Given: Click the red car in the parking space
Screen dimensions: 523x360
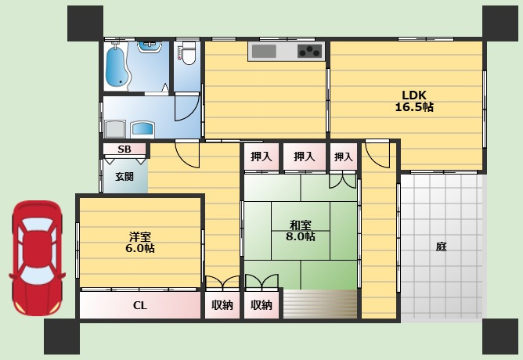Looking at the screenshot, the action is point(37,258).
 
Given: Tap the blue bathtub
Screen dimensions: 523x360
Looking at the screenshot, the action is point(117,66).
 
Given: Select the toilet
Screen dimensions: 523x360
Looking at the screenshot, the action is point(189,53).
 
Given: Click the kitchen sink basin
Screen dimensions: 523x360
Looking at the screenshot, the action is point(264,52).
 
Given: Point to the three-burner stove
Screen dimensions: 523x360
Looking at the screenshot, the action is point(310,52).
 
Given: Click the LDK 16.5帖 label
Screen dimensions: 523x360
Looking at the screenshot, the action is point(414,101).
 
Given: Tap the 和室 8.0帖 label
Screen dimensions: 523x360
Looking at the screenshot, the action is point(300,231).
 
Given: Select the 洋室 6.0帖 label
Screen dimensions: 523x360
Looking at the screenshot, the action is point(140,243).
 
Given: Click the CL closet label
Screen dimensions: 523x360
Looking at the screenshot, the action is point(140,305).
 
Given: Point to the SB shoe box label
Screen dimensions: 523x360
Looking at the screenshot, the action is point(124,149).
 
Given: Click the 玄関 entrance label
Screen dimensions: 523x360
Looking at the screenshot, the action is point(124,177).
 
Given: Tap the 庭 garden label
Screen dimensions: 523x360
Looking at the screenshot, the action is point(441,247).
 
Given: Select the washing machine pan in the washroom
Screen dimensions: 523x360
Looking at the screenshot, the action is point(115,129).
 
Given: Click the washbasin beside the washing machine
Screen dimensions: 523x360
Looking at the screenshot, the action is point(142,129).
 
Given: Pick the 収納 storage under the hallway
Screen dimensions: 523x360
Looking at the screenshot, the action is point(222,305).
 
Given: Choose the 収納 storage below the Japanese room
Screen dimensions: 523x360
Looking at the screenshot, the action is point(261,305).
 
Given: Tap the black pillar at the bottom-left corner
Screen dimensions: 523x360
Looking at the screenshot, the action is point(62,337).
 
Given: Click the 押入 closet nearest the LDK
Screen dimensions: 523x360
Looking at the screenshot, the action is point(344,157).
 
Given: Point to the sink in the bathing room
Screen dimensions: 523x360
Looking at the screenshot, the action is point(150,47).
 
